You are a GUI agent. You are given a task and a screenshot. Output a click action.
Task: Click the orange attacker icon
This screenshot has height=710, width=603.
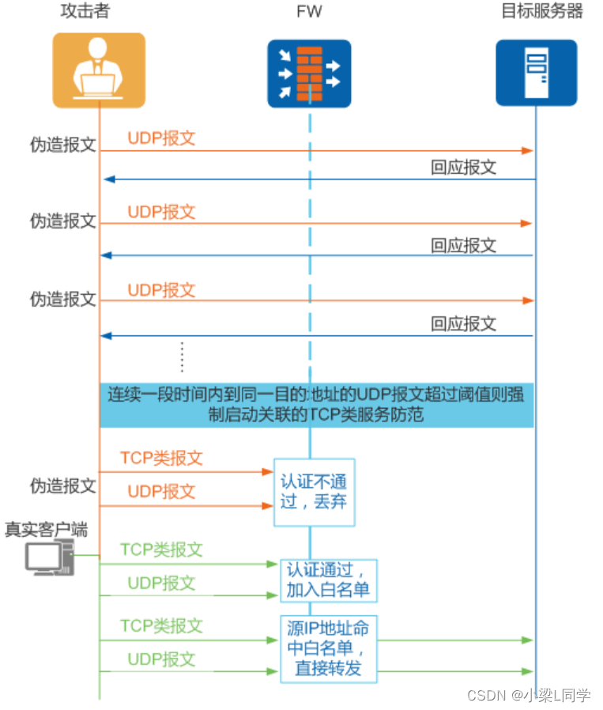coord(99,70)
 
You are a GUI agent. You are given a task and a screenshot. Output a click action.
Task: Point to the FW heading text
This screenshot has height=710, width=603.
coord(309,12)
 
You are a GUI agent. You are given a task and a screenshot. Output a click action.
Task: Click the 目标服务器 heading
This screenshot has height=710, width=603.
coord(542,11)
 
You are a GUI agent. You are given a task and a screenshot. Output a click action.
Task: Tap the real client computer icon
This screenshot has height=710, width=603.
coord(48,558)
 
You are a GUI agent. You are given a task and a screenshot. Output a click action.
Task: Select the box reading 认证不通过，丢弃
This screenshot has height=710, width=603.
coord(314,491)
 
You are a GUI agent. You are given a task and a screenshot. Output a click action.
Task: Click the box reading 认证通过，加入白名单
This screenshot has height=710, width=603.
coord(328,580)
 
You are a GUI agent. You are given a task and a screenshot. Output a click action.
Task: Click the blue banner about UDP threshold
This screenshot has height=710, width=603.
coord(316,403)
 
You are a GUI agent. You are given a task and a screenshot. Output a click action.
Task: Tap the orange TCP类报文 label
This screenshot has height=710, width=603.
coord(161,458)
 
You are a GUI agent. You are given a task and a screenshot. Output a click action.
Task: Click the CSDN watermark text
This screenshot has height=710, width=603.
coord(529,695)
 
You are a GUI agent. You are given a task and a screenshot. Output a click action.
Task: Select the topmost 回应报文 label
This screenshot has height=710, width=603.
coord(464,167)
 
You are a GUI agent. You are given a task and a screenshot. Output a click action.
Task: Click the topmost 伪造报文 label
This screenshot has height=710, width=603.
coord(63,145)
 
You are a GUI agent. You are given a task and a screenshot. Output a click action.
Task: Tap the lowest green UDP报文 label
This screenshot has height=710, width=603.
coord(161,659)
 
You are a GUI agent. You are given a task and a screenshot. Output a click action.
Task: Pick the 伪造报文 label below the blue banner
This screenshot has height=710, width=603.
coord(63,485)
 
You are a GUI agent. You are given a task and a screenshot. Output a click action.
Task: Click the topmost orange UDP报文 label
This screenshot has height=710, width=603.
coord(161,138)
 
